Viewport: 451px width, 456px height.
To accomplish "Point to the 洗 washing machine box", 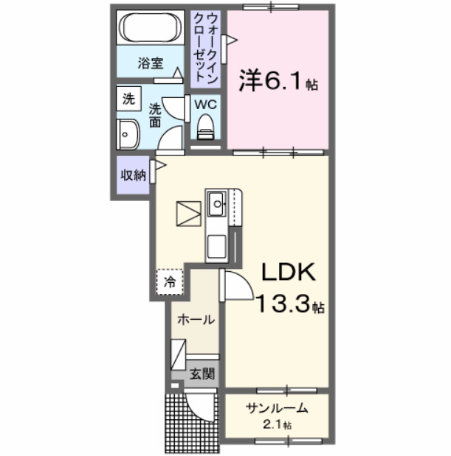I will pos(128,99).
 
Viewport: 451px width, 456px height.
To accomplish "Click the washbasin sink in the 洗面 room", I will pos(126,135).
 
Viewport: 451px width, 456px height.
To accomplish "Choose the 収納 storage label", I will pos(133,175).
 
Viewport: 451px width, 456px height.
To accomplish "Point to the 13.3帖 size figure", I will pos(291,304).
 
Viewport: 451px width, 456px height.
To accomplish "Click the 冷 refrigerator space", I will pos(170,281).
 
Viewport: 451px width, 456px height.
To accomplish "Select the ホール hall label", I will pos(196,320).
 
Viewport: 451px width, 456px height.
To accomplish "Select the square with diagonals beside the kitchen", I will pos(188,214).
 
